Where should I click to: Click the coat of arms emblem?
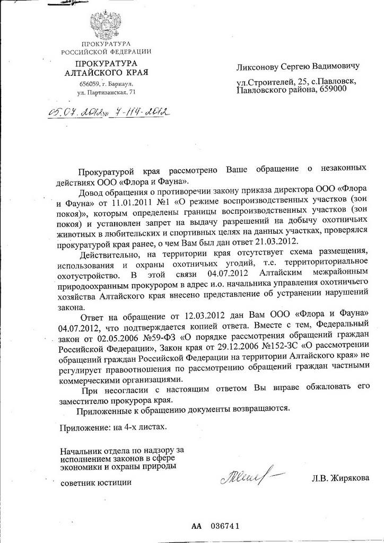pos(106,23)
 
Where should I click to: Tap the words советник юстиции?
pos(95,483)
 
